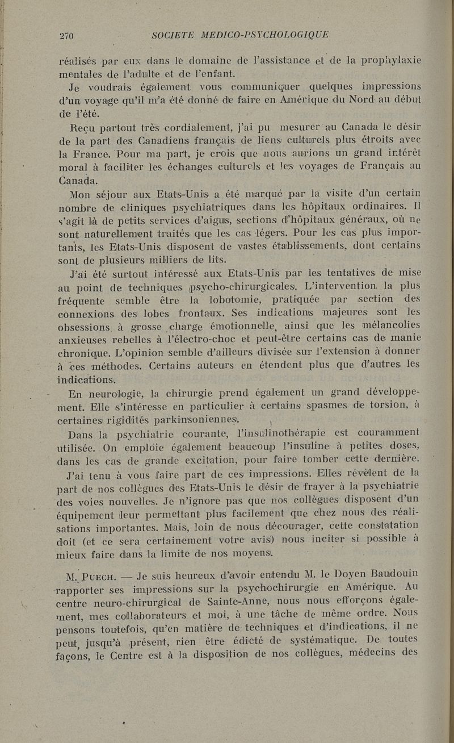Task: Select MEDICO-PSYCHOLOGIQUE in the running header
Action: point(265,35)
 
